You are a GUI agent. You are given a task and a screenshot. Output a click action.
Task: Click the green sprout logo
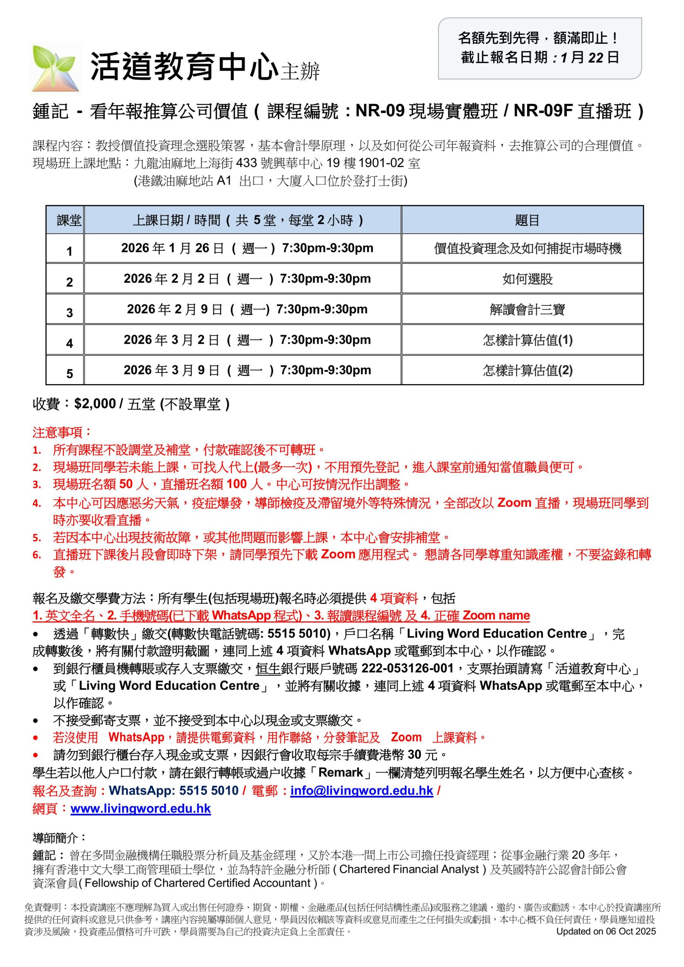[56, 68]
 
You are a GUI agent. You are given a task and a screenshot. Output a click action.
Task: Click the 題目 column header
[527, 220]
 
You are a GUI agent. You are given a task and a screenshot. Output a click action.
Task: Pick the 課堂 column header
[69, 220]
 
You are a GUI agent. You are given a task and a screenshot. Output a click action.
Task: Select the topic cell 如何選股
[527, 279]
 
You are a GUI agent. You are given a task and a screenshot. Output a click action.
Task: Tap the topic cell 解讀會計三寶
[527, 310]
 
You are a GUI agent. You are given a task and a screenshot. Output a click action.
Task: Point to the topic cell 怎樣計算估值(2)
[527, 371]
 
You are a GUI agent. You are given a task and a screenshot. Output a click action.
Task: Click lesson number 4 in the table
[69, 343]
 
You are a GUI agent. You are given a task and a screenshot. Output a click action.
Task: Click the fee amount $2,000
[95, 404]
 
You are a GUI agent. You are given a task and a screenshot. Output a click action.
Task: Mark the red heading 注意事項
[62, 432]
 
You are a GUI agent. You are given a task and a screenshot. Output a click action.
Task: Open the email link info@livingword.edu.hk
[361, 791]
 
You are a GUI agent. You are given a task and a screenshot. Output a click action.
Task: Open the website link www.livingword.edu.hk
[141, 809]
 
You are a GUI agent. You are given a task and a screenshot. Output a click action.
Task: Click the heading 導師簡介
[59, 838]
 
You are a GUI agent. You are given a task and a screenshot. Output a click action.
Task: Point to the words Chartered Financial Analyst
[409, 869]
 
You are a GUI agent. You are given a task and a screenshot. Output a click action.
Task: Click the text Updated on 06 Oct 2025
[606, 931]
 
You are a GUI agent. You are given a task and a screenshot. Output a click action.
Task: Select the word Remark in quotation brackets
[340, 773]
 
